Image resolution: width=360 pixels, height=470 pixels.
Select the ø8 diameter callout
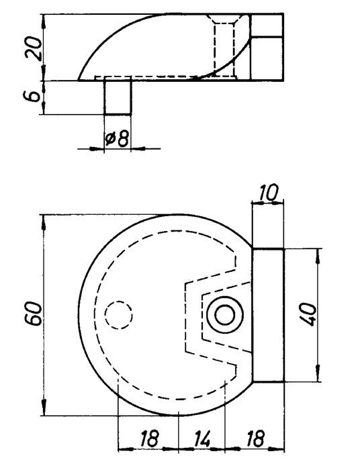(x=117, y=139)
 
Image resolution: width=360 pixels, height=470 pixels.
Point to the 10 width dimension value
(x=267, y=193)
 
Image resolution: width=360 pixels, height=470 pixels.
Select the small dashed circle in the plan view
(x=120, y=314)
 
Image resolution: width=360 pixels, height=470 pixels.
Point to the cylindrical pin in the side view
(x=118, y=97)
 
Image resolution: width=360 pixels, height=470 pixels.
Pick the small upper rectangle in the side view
(x=266, y=25)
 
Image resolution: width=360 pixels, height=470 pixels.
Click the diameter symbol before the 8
(x=110, y=139)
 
